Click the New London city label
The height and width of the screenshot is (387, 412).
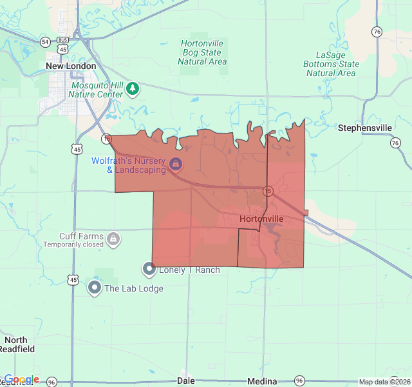(x=71, y=66)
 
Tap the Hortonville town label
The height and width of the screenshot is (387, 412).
(x=261, y=219)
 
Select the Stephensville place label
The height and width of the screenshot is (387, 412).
(x=364, y=128)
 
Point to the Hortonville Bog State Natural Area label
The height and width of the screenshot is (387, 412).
(x=202, y=52)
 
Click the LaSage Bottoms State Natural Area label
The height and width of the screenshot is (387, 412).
(x=331, y=64)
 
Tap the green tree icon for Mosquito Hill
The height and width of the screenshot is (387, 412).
(x=133, y=88)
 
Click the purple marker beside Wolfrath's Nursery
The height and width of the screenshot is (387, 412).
(x=175, y=165)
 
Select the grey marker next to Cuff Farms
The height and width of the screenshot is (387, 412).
(x=113, y=239)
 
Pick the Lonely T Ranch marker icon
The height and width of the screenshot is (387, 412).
(x=149, y=268)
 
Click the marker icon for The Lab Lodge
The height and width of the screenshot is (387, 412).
(x=95, y=287)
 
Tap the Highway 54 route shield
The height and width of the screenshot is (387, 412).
(x=44, y=42)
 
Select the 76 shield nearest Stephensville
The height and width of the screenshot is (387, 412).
(x=395, y=143)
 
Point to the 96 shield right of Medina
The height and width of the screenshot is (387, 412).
(x=299, y=381)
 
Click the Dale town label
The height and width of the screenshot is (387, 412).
(x=185, y=381)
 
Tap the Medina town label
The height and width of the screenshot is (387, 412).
(x=263, y=381)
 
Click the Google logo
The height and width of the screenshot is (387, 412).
(x=21, y=379)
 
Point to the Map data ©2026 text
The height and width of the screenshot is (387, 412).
(x=384, y=382)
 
